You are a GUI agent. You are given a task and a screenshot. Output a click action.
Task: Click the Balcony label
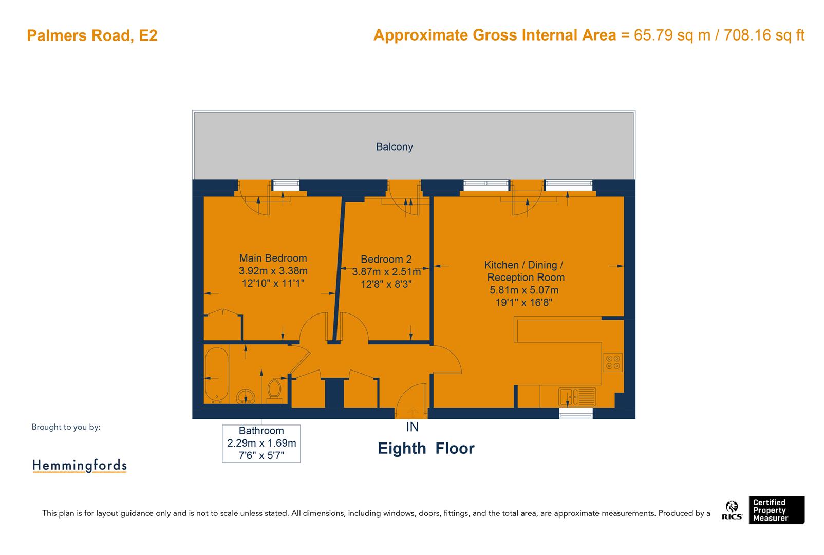point(394,147)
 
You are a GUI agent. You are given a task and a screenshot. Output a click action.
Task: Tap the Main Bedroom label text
point(273,258)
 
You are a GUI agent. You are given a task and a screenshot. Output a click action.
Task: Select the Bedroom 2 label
point(386,260)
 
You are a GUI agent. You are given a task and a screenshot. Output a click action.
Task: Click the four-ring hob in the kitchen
point(613,362)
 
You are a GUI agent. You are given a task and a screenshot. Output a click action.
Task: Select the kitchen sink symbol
point(577,396)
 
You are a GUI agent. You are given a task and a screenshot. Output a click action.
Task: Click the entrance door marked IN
point(411,400)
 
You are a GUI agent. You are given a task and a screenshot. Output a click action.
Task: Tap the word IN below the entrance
point(412,427)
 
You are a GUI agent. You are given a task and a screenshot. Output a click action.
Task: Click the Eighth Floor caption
point(426,448)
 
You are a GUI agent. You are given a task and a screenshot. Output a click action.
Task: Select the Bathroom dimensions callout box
point(261,443)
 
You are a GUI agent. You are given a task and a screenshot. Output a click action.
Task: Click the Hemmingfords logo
point(80,466)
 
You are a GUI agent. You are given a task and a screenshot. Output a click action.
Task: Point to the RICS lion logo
point(732,510)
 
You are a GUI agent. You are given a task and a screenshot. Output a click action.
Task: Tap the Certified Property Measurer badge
point(775,510)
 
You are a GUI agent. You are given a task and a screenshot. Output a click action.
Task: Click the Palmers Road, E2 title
point(92,36)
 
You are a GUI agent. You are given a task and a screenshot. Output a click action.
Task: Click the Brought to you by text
point(66,427)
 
